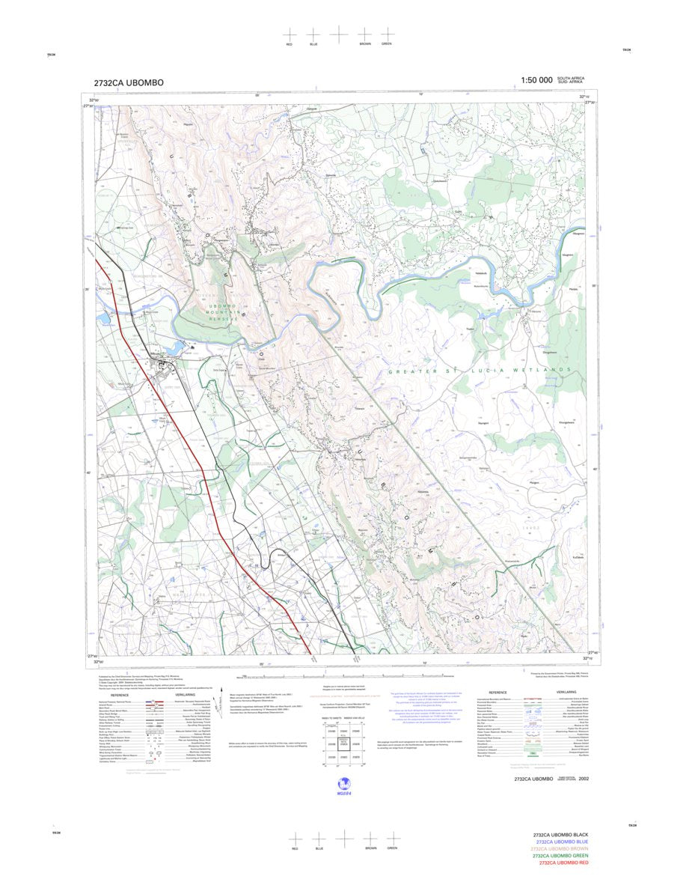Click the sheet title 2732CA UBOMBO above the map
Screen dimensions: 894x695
point(129,82)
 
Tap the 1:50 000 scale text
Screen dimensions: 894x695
point(536,80)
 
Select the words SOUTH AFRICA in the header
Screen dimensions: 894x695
point(572,77)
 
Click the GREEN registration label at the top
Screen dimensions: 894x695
point(387,44)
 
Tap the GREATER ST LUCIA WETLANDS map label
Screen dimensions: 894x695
point(480,370)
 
